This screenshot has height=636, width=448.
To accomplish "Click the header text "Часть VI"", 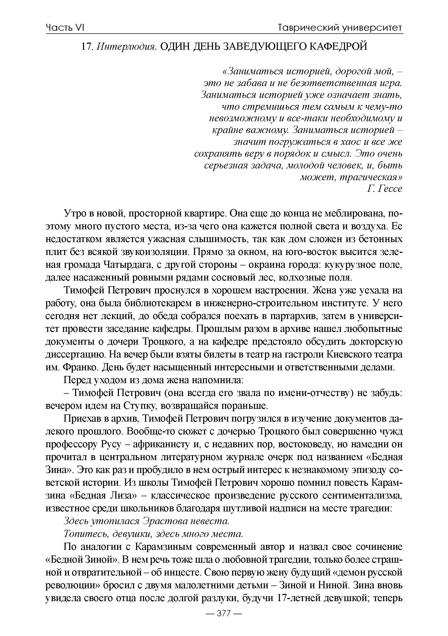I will [65, 28].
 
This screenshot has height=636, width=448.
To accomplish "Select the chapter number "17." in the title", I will [87, 46].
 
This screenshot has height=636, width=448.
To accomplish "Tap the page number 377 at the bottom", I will [224, 621].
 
